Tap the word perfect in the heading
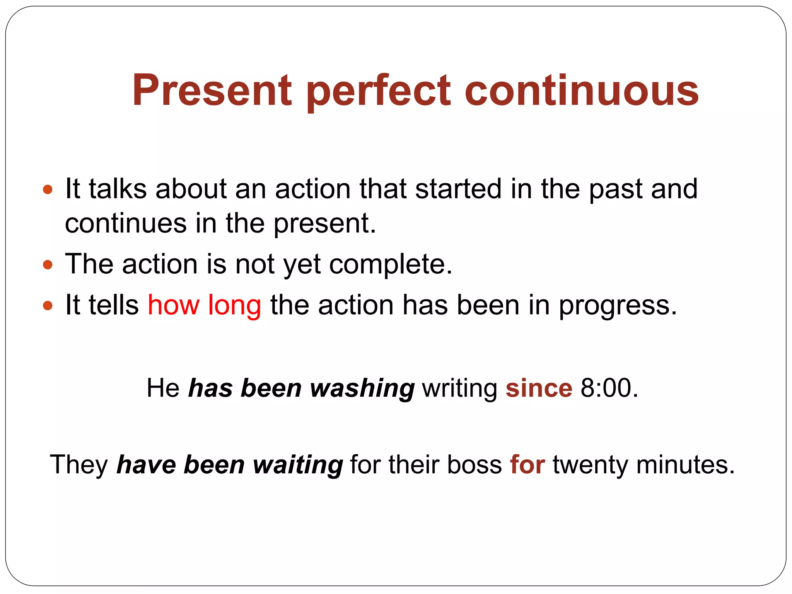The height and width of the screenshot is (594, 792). [379, 91]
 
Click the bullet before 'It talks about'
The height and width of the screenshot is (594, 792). [48, 189]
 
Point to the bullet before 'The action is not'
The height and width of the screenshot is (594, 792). [48, 265]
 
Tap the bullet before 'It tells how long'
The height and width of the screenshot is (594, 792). [48, 306]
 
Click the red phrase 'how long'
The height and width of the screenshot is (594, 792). [204, 305]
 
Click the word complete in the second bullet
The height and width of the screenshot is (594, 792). [391, 265]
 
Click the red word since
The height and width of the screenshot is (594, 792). [539, 388]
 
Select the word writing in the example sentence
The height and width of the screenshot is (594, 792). [460, 388]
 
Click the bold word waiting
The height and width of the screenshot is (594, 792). [298, 464]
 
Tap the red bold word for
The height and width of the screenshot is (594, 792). [527, 464]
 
